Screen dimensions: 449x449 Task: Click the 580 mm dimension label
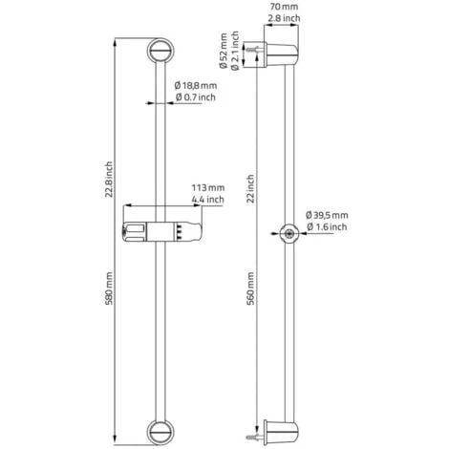(109, 289)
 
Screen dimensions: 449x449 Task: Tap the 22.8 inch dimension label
(109, 180)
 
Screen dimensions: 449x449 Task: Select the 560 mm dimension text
(251, 289)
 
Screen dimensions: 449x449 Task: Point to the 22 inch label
(251, 189)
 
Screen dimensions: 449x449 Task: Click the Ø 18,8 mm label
(196, 85)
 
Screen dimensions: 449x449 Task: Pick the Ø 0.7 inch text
(196, 97)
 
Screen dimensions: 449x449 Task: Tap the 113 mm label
(208, 188)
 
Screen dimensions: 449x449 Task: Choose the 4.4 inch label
(208, 200)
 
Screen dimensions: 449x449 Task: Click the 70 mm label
(284, 7)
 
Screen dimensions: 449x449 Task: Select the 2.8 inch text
(284, 18)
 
